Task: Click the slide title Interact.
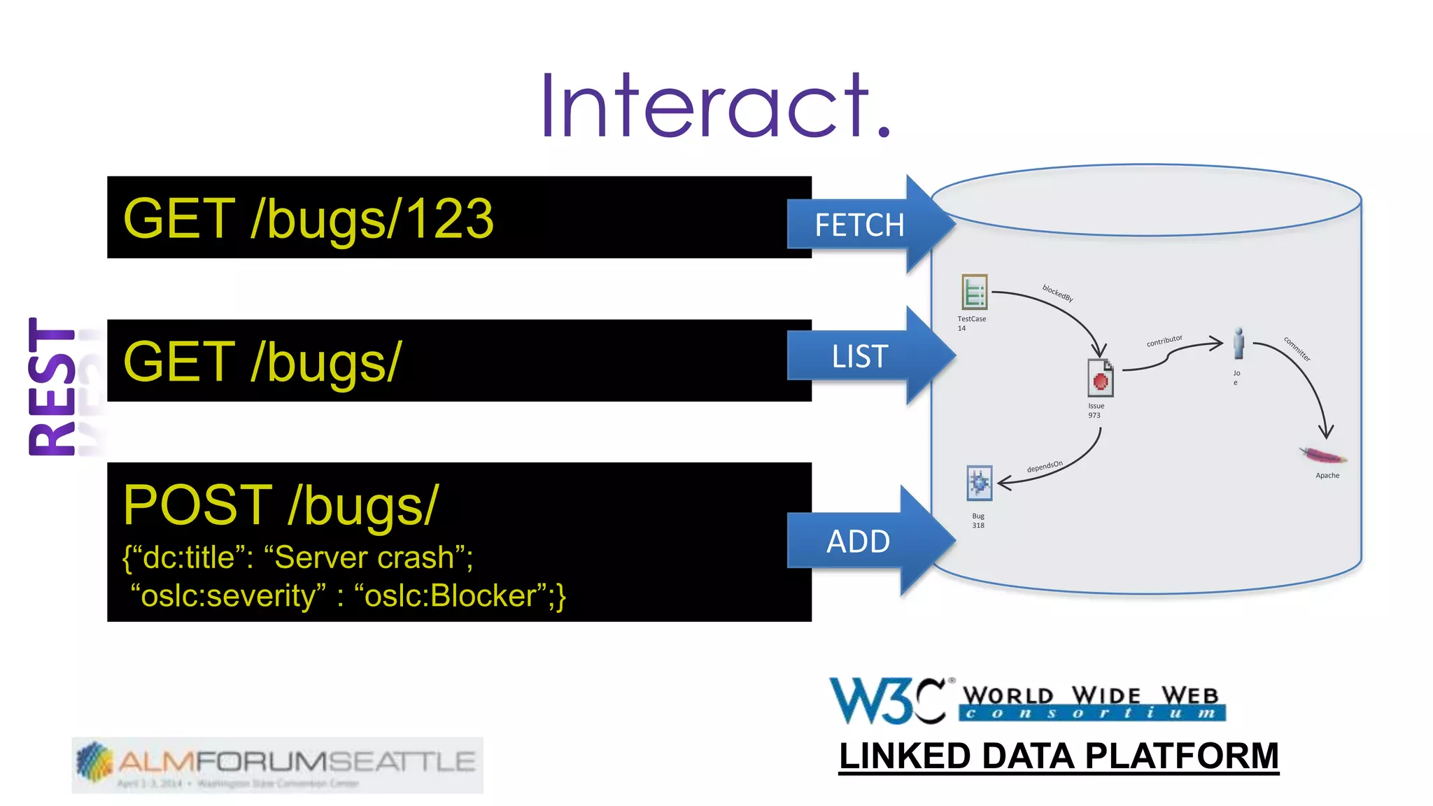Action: [715, 106]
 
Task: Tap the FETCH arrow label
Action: [859, 225]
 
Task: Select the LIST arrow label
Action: [859, 357]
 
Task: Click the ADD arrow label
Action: [858, 542]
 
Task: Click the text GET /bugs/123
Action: [309, 219]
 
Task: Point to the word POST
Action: [198, 505]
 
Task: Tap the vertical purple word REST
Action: [52, 386]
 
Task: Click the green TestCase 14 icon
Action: [974, 292]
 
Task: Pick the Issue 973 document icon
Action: [1100, 379]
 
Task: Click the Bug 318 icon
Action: [979, 483]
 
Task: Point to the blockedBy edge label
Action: [1057, 293]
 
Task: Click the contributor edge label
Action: [1164, 341]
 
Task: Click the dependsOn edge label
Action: [1045, 467]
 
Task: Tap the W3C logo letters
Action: [887, 700]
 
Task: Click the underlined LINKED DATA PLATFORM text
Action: [1059, 756]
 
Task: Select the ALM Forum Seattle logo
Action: [277, 764]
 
